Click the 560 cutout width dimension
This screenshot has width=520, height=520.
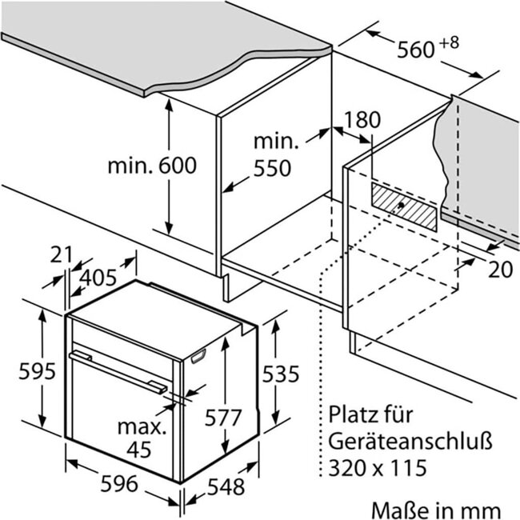pos(415,50)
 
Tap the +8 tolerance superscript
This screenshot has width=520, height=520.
pos(450,43)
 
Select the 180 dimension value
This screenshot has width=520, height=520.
pos(362,120)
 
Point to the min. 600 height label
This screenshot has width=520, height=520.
pos(152,166)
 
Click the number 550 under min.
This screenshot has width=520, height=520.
pos(272,168)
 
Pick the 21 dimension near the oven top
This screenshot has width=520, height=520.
pos(61,254)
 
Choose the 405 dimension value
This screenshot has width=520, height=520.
pos(98,278)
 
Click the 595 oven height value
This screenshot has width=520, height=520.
pos(37,371)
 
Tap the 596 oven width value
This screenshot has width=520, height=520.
pos(119,483)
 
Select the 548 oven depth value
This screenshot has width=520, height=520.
pos(226,487)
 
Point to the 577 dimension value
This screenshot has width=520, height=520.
pos(222,418)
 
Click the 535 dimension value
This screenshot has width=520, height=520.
pos(281,374)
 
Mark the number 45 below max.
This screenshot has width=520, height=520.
pos(139,450)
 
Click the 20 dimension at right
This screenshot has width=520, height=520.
pos(501,270)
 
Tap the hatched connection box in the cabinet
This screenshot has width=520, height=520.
pos(404,206)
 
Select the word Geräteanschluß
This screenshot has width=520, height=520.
pos(410,441)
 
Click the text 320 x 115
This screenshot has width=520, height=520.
pos(377,468)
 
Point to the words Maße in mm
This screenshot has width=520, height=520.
pos(436,510)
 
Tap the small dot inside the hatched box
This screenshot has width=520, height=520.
pos(401,205)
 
